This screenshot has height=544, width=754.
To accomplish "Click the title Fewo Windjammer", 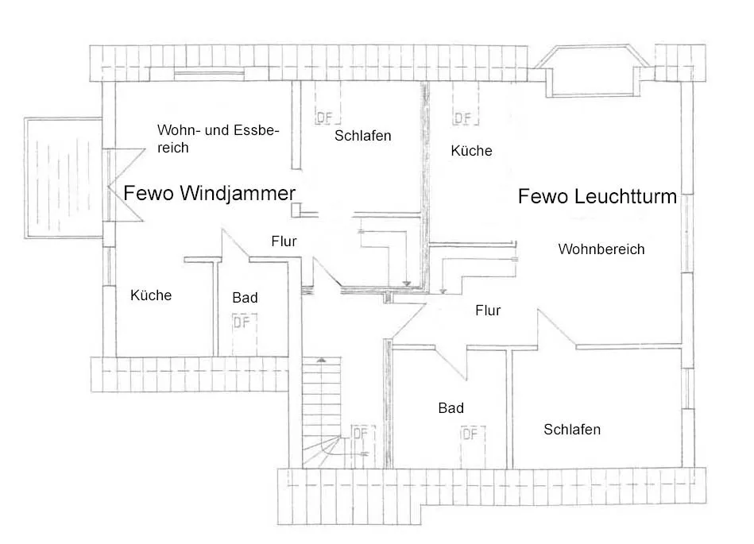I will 209,193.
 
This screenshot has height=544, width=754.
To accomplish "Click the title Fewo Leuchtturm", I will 597,196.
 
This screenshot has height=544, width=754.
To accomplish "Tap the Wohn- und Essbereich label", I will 217,137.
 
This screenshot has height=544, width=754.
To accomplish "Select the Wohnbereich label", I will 601,249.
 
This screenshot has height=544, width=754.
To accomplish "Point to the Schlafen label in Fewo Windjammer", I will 362,136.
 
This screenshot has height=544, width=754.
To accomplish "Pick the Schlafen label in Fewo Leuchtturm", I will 572,430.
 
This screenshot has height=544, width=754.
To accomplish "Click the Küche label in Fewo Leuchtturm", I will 471,150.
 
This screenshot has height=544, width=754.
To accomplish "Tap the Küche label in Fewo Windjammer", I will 151,295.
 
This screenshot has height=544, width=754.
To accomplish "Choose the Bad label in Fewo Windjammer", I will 245,298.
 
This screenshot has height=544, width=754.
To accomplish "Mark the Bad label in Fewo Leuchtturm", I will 450,408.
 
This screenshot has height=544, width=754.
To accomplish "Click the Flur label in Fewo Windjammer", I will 284,241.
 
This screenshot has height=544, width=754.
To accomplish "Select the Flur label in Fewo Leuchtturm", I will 488,311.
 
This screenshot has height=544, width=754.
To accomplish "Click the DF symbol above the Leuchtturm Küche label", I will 462,118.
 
